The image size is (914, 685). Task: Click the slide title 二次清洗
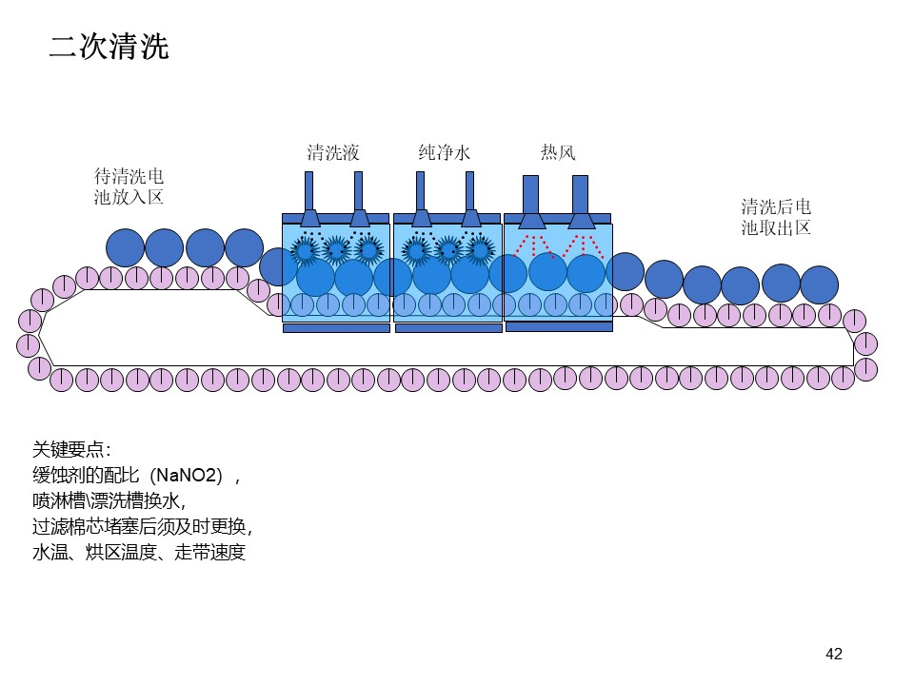[x=109, y=47]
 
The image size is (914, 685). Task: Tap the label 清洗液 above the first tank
[x=333, y=152]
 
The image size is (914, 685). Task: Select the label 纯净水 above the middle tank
[x=445, y=152]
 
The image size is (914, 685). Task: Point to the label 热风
[x=558, y=152]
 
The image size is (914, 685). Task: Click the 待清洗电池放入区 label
[x=129, y=186]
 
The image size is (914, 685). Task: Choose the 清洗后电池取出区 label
[x=776, y=217]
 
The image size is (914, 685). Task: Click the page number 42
[x=834, y=655]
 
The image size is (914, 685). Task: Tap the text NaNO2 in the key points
[x=187, y=476]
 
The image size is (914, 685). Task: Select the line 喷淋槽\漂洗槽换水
[x=109, y=501]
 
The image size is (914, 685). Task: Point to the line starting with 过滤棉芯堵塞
[x=142, y=526]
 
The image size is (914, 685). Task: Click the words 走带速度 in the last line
[x=209, y=552]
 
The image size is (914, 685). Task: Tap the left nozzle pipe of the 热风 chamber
[x=530, y=202]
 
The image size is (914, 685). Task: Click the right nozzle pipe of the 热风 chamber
[x=580, y=202]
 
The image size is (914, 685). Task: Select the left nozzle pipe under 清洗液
[x=308, y=199]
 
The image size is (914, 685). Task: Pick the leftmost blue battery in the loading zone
[x=126, y=248]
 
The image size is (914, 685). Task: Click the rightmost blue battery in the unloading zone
[x=819, y=284]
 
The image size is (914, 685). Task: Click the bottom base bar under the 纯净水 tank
[x=448, y=328]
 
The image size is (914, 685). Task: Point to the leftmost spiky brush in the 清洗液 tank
[x=305, y=250]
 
